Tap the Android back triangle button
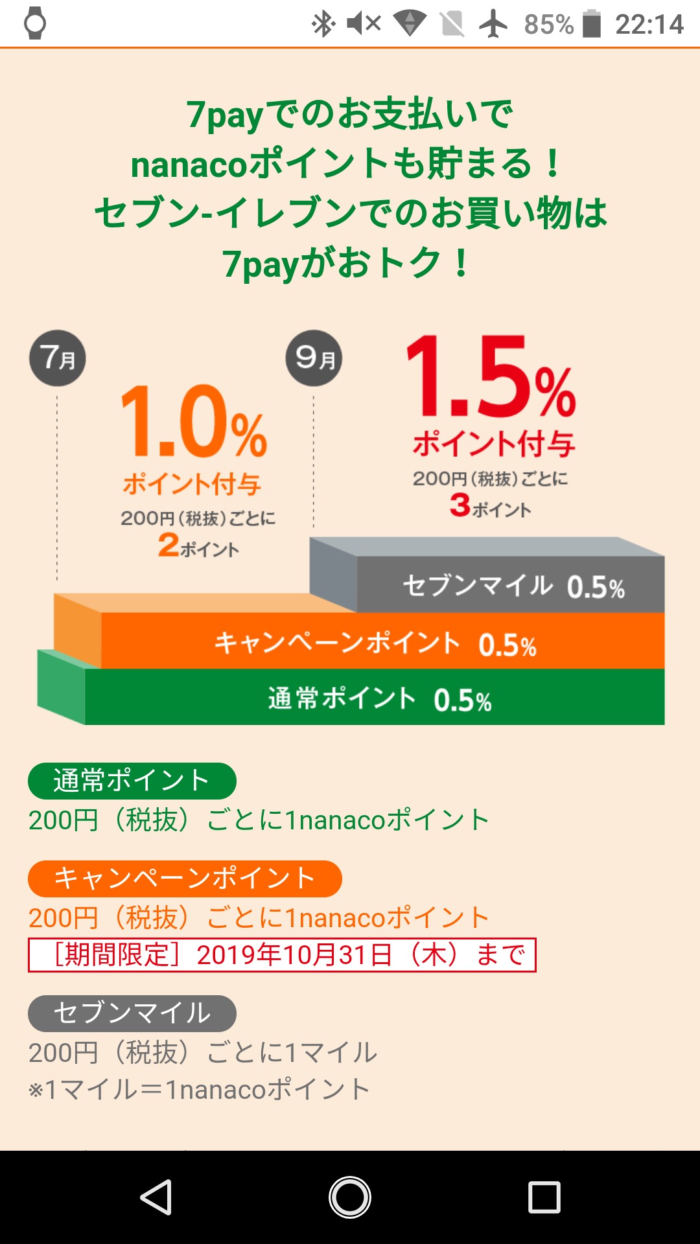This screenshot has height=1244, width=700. coord(156,1197)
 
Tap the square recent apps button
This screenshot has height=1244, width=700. coord(544,1197)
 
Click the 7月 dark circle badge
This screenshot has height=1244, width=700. coord(58,358)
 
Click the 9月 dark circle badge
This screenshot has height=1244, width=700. coord(314,358)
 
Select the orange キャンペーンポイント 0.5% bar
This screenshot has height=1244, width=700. coord(382,643)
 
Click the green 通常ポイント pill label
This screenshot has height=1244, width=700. coord(132,781)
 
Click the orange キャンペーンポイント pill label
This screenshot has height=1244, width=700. coord(185,879)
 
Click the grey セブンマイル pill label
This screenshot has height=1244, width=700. coord(132,1013)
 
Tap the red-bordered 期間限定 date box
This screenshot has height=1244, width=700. coord(282,955)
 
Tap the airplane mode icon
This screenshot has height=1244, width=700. coord(493,25)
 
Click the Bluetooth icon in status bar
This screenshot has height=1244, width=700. coord(323,25)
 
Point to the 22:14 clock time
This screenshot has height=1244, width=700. coord(649,25)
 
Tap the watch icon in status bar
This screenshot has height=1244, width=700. coord(35,23)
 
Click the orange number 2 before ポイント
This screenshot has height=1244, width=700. coord(169,544)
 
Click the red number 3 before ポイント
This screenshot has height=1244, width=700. coord(460,505)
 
